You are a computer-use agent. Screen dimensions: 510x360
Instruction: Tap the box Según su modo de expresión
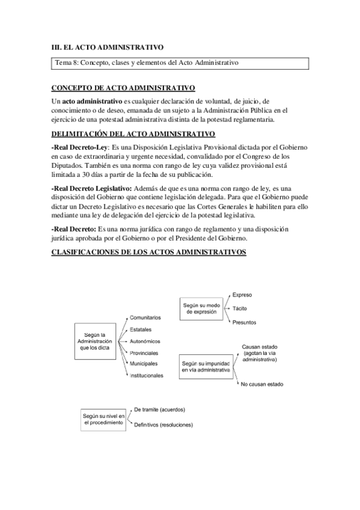(x=201, y=309)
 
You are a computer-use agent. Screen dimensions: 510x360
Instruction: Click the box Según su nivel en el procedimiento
(x=103, y=419)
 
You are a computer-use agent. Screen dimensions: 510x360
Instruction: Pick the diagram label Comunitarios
(x=145, y=317)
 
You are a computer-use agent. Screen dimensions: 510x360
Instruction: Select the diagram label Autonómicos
(x=145, y=340)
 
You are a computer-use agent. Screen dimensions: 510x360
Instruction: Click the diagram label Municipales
(x=144, y=363)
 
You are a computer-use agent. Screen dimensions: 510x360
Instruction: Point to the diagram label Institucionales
(x=147, y=375)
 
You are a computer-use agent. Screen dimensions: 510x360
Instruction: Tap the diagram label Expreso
(x=242, y=295)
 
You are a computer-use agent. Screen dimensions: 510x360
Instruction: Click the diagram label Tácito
(x=240, y=308)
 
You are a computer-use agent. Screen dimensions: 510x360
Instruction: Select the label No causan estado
(x=261, y=384)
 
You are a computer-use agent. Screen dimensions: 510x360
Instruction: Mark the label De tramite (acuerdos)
(x=159, y=410)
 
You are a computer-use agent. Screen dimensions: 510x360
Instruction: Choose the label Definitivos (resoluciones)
(x=163, y=425)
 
